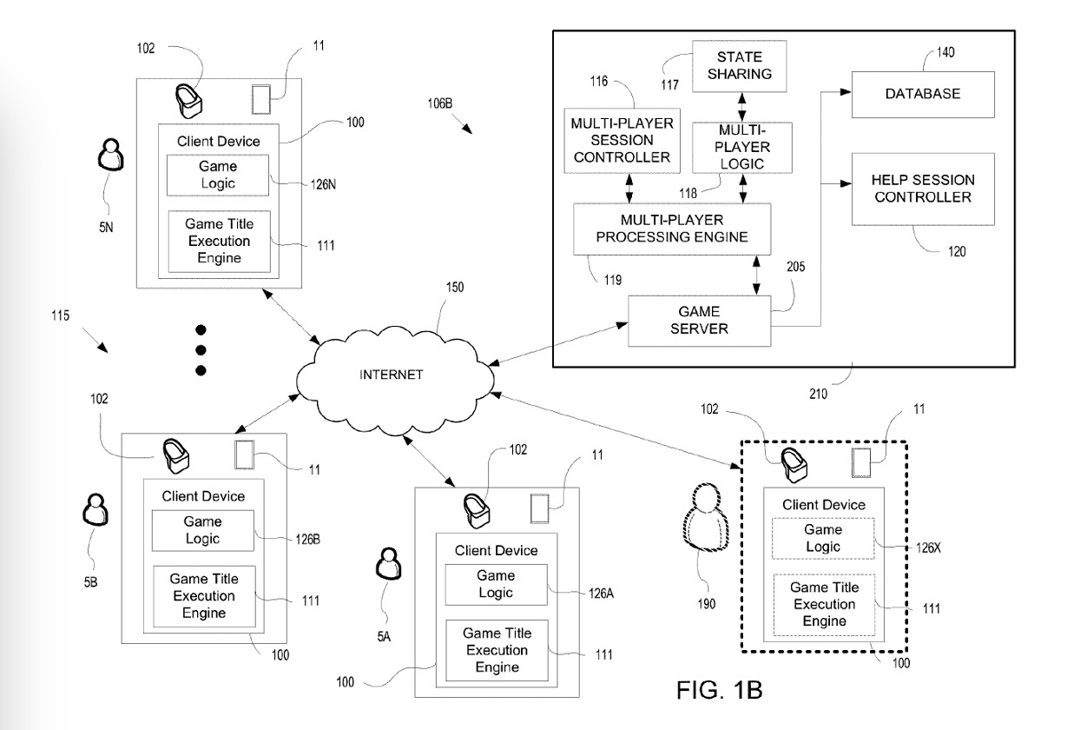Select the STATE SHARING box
738,65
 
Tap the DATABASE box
910,94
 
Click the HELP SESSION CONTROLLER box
910,189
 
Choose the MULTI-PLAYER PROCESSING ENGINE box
660,229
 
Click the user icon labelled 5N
110,157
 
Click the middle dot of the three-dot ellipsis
201,350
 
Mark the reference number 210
820,392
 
